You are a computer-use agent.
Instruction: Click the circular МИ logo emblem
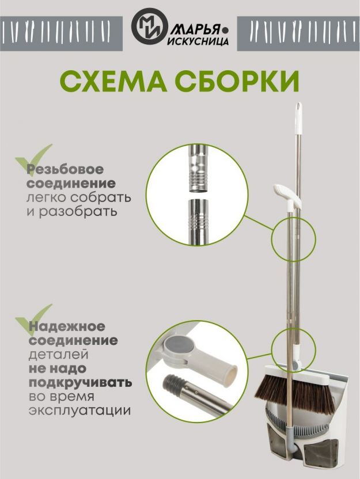tap(150, 26)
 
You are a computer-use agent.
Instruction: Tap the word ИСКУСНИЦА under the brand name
tap(198, 41)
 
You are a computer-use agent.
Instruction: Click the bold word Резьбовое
tap(65, 169)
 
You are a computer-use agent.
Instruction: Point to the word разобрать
tap(78, 212)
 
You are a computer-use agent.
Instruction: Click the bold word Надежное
tap(67, 326)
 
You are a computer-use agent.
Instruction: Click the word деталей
tap(59, 355)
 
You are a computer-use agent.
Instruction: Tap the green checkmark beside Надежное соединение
tap(32, 319)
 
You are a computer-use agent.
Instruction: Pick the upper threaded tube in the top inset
tap(198, 169)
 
